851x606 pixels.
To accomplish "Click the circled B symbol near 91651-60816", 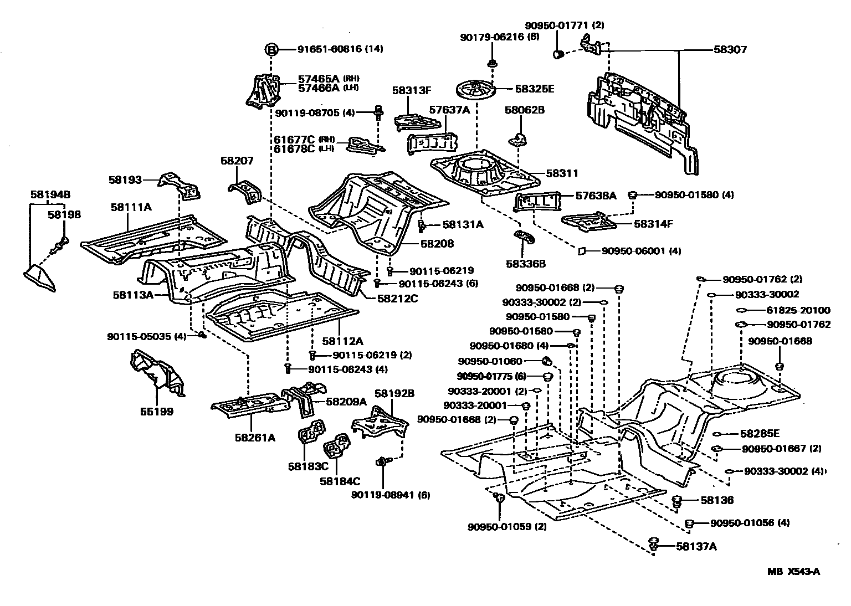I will [x=271, y=49].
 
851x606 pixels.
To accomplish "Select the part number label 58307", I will [x=730, y=50].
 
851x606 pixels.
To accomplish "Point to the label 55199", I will [x=156, y=412].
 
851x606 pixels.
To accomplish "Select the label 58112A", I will [x=343, y=341].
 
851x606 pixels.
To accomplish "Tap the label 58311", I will [x=562, y=173].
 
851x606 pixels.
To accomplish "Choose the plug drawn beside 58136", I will [x=676, y=501].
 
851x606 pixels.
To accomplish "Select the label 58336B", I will [x=525, y=264].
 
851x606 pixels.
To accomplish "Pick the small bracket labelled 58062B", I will [x=519, y=138].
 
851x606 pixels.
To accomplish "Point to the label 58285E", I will [x=760, y=434].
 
